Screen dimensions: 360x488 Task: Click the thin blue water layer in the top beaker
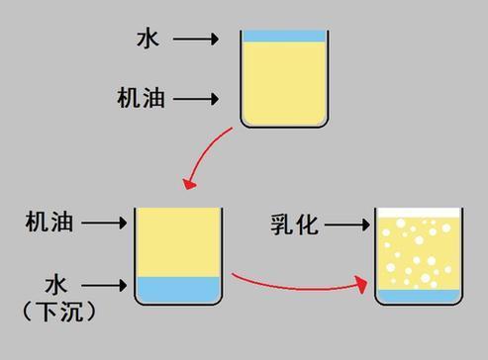[x=283, y=36]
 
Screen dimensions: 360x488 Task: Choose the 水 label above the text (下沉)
[x=55, y=285]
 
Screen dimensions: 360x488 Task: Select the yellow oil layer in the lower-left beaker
[x=177, y=240]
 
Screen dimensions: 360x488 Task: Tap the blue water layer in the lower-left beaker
[x=177, y=288]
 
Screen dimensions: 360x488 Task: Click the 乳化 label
[x=294, y=225]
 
